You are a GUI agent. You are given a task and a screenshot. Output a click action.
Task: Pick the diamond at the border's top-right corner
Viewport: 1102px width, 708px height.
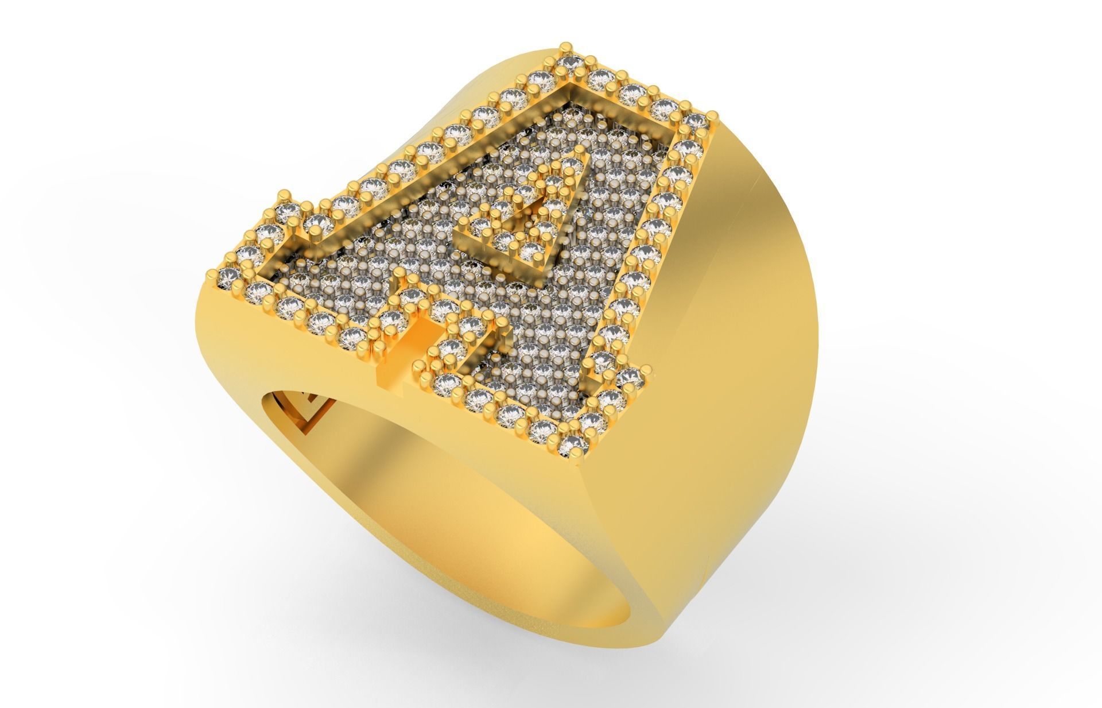click(x=697, y=121)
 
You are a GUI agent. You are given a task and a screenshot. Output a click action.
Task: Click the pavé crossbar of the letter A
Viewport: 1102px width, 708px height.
click(x=436, y=276)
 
